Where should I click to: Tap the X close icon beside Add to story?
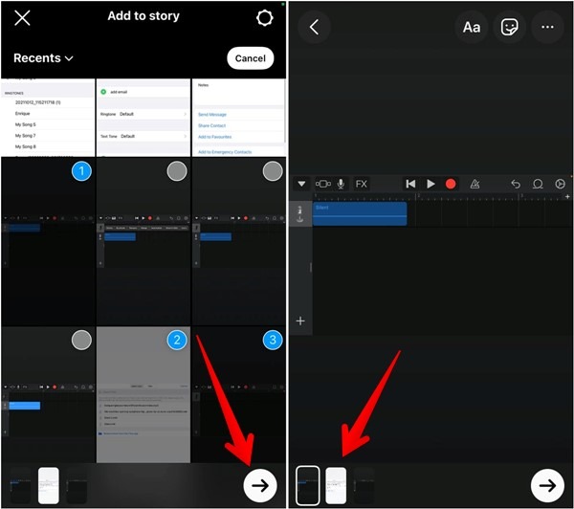pos(22,18)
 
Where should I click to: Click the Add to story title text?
pos(143,16)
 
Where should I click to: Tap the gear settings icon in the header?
pos(265,18)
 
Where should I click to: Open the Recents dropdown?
pos(43,58)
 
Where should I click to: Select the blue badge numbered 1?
pos(81,171)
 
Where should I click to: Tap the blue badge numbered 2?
pos(176,340)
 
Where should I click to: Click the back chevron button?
pos(314,27)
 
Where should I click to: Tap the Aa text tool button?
pos(472,27)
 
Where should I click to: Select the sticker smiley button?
pos(510,27)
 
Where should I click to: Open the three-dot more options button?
pos(547,27)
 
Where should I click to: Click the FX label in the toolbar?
pos(362,184)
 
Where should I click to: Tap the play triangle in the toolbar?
pos(430,184)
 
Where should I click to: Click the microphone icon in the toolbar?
pos(341,184)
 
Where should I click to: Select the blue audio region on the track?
pos(360,213)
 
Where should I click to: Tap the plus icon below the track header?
pos(300,321)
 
